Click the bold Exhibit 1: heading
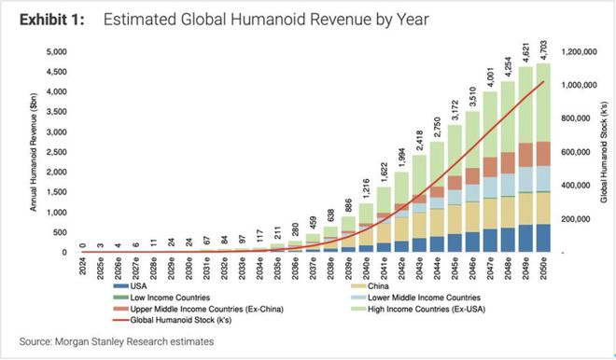pos(52,20)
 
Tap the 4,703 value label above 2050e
pos(543,49)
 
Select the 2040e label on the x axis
pos(366,269)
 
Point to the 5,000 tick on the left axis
pos(57,52)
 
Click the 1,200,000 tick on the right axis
pos(579,52)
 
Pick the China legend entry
pos(370,286)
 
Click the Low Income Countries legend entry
pos(161,298)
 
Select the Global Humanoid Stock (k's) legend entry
pos(172,320)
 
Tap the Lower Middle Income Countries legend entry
pos(415,298)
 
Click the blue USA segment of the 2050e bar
pos(543,238)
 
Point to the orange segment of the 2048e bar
pos(508,163)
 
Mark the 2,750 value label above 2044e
pos(437,127)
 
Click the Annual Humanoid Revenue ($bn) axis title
pos(34,152)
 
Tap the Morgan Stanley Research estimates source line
pos(117,341)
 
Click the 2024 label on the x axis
pos(82,266)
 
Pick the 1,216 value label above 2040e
pos(366,188)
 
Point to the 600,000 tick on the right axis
pos(576,152)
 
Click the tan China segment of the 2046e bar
pos(472,217)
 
